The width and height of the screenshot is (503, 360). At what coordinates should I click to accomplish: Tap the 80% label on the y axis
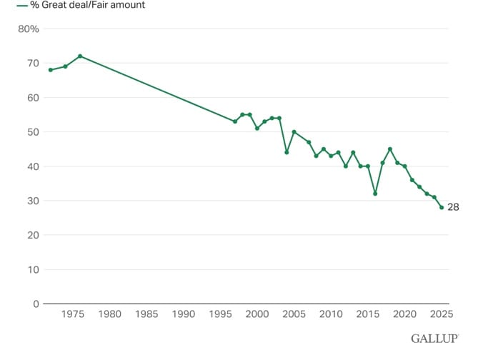[29, 29]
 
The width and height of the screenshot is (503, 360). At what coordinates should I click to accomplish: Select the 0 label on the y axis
[35, 304]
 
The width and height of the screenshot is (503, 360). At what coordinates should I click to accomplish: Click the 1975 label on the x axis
[72, 314]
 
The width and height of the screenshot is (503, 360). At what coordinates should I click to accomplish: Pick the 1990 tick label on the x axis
[183, 314]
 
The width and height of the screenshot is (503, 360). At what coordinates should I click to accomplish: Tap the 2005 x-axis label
[294, 314]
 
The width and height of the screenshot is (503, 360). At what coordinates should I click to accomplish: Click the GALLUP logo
[434, 338]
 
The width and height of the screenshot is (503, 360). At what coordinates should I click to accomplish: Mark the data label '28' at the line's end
[454, 208]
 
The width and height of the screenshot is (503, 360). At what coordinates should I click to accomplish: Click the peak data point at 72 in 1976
[80, 56]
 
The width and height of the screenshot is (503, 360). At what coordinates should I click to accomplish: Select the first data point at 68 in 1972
[50, 70]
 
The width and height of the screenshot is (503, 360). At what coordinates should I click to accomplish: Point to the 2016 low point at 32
[375, 194]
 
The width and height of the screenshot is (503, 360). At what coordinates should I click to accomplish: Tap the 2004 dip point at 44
[287, 152]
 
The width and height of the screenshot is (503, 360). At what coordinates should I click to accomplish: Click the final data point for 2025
[442, 207]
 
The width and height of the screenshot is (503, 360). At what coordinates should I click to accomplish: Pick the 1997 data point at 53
[235, 121]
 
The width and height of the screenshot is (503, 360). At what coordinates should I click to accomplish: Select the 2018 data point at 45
[390, 149]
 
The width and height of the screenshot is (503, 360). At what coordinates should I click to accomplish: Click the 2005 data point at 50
[294, 132]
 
